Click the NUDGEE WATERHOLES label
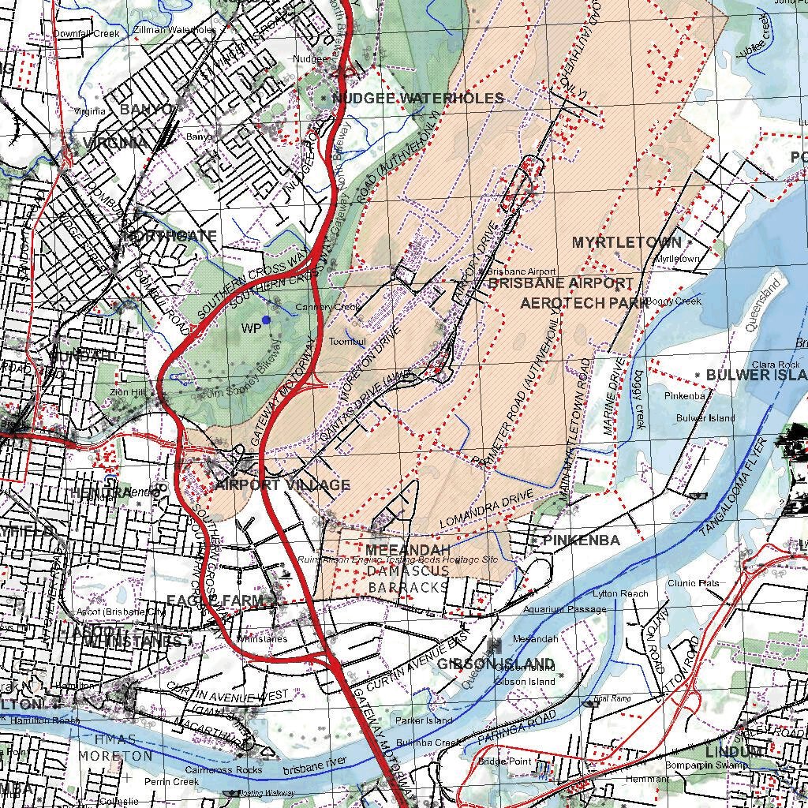[x=417, y=98]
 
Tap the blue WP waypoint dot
[x=266, y=320]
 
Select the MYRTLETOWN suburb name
[x=627, y=242]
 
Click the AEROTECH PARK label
[x=584, y=302]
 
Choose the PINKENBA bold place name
[x=582, y=541]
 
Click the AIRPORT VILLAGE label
[x=282, y=484]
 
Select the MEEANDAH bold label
[x=408, y=549]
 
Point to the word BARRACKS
[x=409, y=587]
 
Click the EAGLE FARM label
[x=214, y=601]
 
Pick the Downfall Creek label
[x=87, y=34]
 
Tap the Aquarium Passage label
[x=565, y=609]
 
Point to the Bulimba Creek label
[x=428, y=743]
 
